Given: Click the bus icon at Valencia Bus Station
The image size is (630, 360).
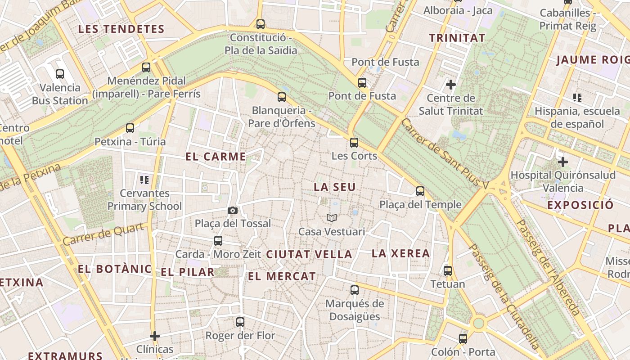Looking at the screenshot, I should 60,74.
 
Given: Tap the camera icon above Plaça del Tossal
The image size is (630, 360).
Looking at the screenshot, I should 232,210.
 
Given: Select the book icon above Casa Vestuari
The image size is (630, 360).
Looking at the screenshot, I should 332,218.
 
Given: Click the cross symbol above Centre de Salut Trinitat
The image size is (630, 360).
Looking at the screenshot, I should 450,84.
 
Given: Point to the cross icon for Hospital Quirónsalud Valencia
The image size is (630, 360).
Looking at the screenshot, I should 562,162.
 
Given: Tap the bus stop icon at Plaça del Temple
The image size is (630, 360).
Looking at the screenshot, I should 420,191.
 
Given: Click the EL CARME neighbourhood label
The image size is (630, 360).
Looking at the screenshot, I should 216,157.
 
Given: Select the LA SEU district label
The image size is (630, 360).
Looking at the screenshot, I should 335,187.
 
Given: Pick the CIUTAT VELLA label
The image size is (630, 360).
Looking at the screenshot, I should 309,254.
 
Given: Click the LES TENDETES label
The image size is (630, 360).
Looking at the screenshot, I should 121,29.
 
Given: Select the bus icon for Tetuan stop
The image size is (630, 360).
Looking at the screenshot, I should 448,271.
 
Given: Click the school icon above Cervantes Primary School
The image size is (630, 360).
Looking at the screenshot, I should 144,180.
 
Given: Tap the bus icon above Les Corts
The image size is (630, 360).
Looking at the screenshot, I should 354,143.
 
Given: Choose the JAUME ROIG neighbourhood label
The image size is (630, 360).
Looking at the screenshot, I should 592,60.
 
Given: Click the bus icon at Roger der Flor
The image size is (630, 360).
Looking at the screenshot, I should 240,322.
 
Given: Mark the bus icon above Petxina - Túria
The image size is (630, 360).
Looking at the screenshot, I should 130,128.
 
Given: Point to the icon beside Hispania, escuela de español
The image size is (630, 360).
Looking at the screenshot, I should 577,97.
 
